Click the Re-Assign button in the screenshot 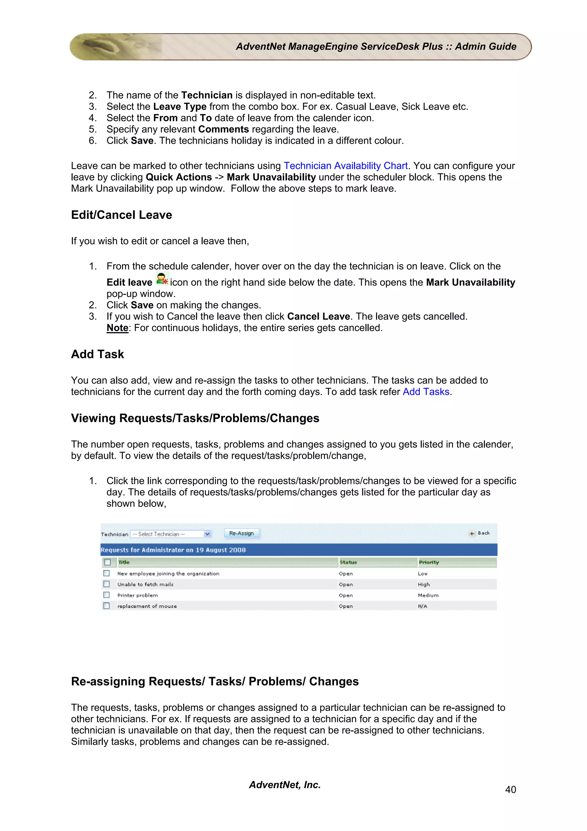[x=241, y=533]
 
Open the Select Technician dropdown [x=171, y=534]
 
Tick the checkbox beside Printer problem [x=106, y=595]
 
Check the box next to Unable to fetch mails [x=106, y=584]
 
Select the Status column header [x=348, y=562]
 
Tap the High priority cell [x=424, y=584]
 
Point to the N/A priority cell [x=422, y=606]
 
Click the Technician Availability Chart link [x=345, y=166]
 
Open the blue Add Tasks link [x=426, y=392]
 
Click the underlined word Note [x=117, y=328]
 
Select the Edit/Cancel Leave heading [x=122, y=215]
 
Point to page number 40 [x=510, y=789]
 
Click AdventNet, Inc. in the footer [x=285, y=785]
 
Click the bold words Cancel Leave [x=318, y=316]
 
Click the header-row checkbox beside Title [x=107, y=562]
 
